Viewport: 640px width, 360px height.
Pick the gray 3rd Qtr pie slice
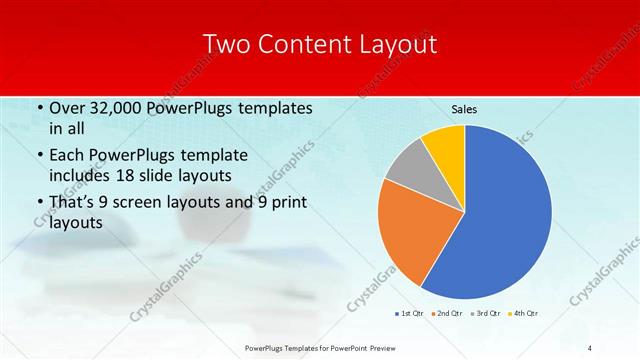pos(408,168)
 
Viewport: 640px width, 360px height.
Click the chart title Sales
pos(463,108)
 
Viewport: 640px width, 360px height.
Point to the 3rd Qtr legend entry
pos(488,314)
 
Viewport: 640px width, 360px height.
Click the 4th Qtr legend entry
pos(527,314)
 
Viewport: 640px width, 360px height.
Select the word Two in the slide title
pos(227,44)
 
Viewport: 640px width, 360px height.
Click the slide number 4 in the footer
pos(589,347)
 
